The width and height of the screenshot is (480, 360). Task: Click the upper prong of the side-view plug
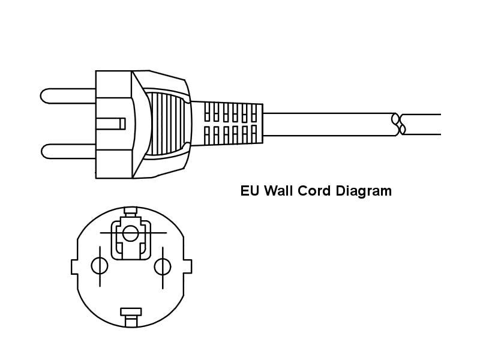(68, 96)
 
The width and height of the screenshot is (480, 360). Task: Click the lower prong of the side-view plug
(68, 151)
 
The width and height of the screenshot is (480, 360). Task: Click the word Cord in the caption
(314, 191)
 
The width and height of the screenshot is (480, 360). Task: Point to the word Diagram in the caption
(364, 191)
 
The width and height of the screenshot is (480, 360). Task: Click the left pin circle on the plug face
(100, 266)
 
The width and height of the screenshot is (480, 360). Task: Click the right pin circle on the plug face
(163, 266)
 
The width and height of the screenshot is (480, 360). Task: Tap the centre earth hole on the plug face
(130, 233)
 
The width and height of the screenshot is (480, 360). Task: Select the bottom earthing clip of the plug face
(131, 317)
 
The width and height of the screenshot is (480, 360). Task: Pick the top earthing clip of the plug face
(130, 212)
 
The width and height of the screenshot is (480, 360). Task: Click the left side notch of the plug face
(74, 266)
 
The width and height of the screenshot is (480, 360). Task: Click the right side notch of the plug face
(188, 266)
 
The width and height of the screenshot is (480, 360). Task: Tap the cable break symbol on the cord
(398, 124)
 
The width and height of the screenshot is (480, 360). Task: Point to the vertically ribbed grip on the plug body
(167, 124)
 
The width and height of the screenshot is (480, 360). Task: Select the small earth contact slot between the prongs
(110, 124)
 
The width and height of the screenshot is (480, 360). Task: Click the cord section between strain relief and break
(328, 124)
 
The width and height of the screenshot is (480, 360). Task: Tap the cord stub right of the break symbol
(422, 124)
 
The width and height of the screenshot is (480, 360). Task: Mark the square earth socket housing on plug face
(131, 240)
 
